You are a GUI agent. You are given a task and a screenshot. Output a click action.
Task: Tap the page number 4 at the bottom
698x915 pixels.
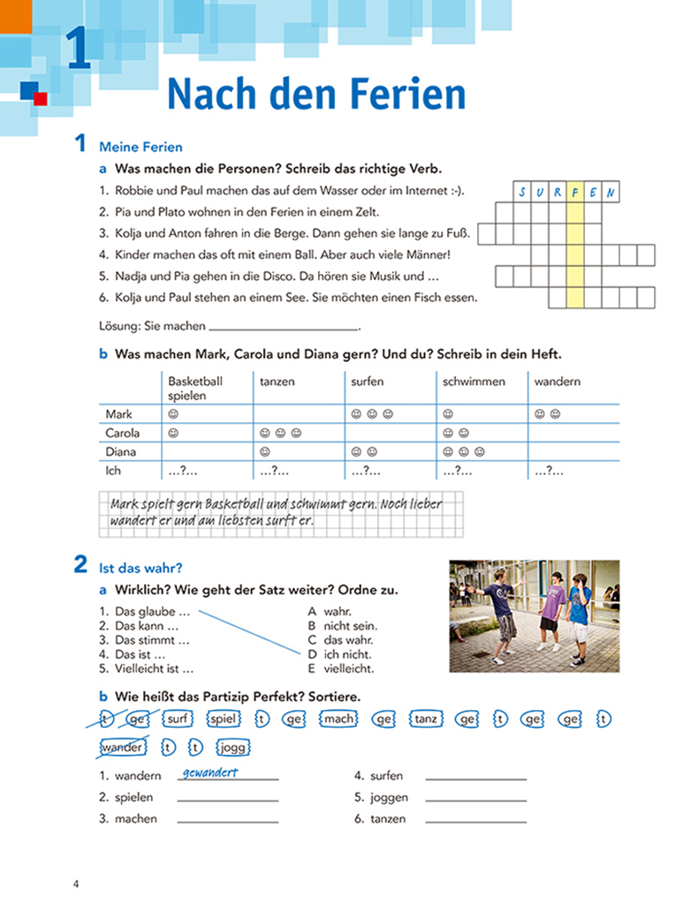click(77, 884)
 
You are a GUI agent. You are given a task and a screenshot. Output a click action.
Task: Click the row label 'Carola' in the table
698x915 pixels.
click(123, 433)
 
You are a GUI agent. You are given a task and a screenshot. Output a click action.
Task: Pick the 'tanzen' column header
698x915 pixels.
click(277, 382)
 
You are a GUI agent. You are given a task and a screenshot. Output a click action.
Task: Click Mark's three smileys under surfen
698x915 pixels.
click(368, 413)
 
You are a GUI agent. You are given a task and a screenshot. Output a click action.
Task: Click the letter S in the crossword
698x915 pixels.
click(522, 193)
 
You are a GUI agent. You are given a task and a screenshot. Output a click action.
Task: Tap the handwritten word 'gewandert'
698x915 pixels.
click(209, 773)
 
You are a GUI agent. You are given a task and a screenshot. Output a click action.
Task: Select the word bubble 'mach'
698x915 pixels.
click(338, 719)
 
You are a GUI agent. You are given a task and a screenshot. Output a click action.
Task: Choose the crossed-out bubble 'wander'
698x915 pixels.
click(123, 748)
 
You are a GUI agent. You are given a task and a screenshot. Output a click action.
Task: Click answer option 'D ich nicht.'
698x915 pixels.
click(339, 654)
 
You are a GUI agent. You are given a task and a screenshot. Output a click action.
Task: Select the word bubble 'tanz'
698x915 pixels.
click(425, 719)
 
